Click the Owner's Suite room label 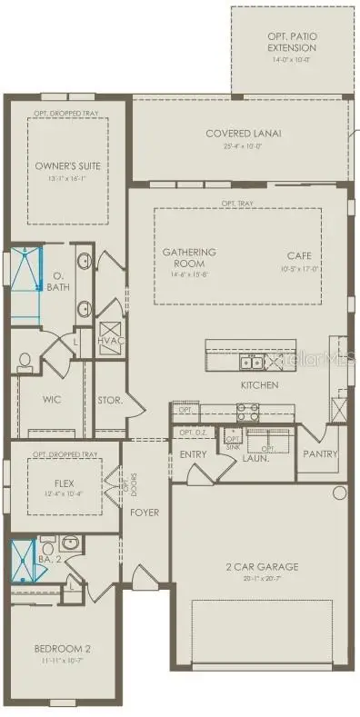point(67,166)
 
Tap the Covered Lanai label point(242,133)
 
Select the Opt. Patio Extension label point(292,42)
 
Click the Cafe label point(299,256)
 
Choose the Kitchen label point(260,385)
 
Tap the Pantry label point(320,453)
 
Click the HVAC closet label point(110,340)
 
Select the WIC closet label point(52,399)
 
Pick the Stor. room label point(110,399)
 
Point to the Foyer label point(145,513)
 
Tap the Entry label point(194,453)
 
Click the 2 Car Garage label point(261,567)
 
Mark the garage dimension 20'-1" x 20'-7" point(261,578)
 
